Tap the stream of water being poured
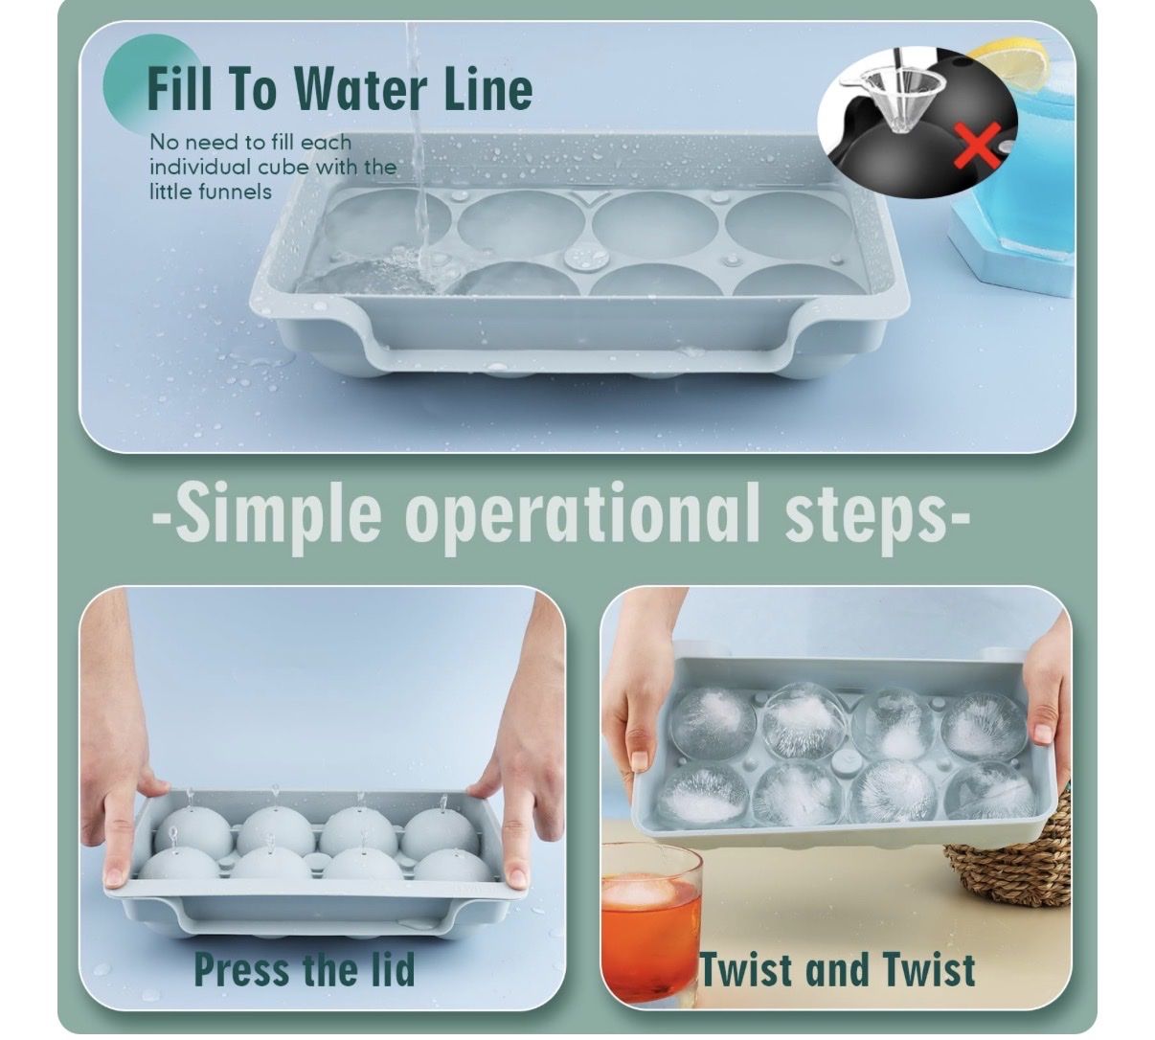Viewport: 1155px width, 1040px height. [419, 155]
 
